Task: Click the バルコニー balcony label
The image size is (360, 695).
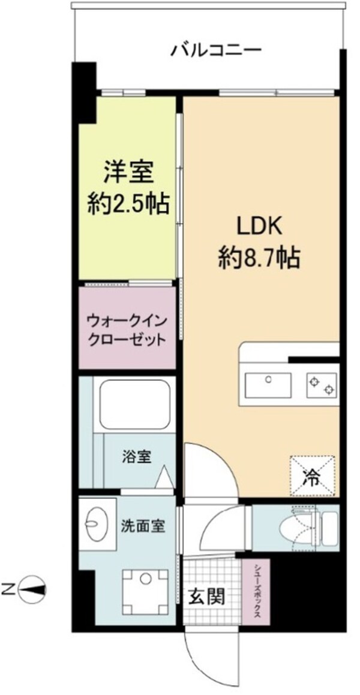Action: tap(216, 49)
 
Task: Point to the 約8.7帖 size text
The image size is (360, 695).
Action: tap(259, 258)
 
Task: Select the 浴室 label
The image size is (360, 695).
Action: tap(137, 458)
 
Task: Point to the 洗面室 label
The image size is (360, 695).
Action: tap(142, 526)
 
